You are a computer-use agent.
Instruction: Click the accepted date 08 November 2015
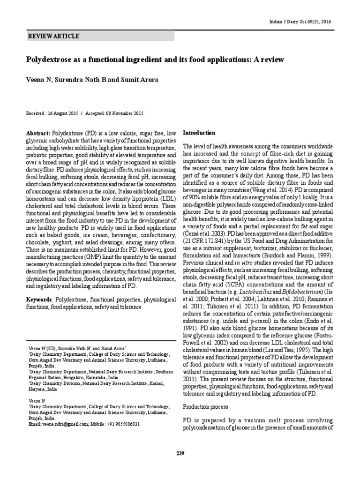(x=125, y=113)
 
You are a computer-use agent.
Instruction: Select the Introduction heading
(x=199, y=133)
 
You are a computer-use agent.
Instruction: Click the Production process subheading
(x=206, y=406)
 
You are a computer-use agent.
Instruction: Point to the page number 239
(x=180, y=453)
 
